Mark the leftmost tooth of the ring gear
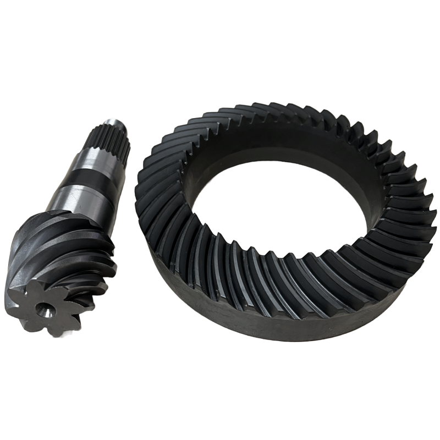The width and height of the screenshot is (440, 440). tap(145, 176)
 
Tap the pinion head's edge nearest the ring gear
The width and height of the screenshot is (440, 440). tap(113, 248)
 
